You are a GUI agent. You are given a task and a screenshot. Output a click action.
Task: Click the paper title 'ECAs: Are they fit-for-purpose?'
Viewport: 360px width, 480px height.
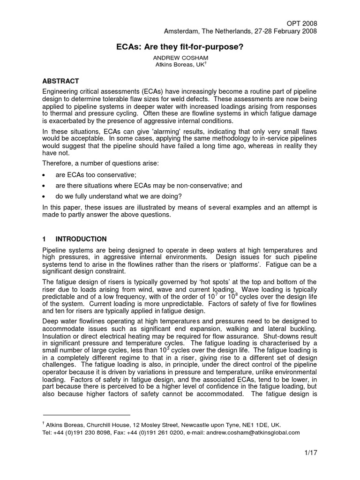(179, 47)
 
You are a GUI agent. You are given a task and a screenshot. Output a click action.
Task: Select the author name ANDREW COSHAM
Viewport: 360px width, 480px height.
(180, 57)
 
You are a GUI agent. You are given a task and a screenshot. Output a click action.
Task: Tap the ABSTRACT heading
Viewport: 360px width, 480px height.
(60, 81)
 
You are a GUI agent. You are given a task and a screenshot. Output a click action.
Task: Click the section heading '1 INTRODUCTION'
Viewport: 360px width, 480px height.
(75, 239)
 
